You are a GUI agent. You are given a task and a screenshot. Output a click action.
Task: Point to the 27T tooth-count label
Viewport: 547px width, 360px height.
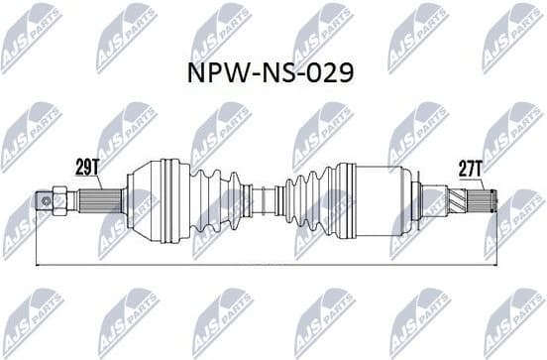point(470,170)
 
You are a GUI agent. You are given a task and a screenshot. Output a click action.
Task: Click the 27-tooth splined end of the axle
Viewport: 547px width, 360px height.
point(490,205)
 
